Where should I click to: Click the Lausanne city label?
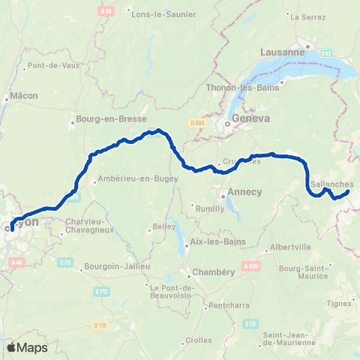[282, 52]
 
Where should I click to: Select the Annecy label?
[244, 192]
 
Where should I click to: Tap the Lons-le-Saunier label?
[163, 13]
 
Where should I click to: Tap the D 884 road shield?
[197, 123]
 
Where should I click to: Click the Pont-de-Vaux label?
[49, 66]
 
